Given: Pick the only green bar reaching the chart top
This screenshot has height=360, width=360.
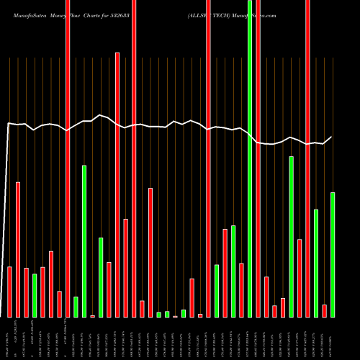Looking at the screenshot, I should [250, 158].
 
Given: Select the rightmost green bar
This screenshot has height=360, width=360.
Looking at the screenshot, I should [333, 254].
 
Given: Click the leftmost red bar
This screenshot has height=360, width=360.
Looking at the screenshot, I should [10, 292].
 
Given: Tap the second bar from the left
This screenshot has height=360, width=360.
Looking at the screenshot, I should [18, 249].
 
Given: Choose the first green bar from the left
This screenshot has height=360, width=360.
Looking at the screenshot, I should [35, 295].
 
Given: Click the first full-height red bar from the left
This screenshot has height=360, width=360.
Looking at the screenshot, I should [68, 158].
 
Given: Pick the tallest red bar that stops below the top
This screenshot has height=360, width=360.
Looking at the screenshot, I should [117, 184].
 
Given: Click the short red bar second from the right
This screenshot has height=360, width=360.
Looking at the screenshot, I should [325, 310].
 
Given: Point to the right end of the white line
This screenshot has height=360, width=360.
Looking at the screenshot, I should [332, 137].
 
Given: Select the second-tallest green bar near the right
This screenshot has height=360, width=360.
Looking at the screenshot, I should [292, 236].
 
